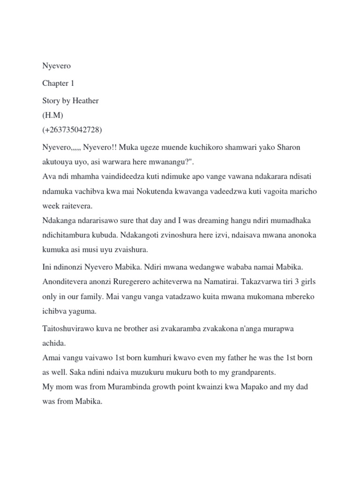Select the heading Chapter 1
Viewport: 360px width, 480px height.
[58, 83]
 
